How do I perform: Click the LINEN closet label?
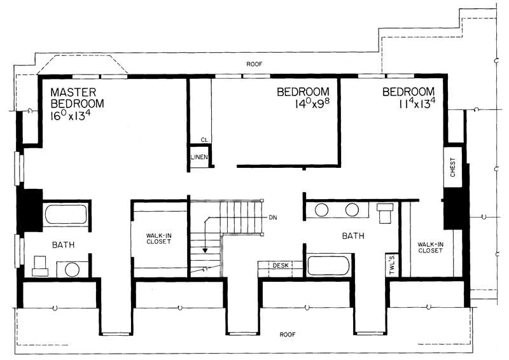click(x=199, y=157)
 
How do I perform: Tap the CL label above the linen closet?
click(x=204, y=140)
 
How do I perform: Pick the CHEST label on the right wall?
click(x=453, y=167)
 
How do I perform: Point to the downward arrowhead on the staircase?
click(x=205, y=250)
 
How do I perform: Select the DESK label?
click(x=281, y=265)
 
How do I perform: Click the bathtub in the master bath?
click(x=65, y=214)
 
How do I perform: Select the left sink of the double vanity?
click(x=322, y=211)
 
